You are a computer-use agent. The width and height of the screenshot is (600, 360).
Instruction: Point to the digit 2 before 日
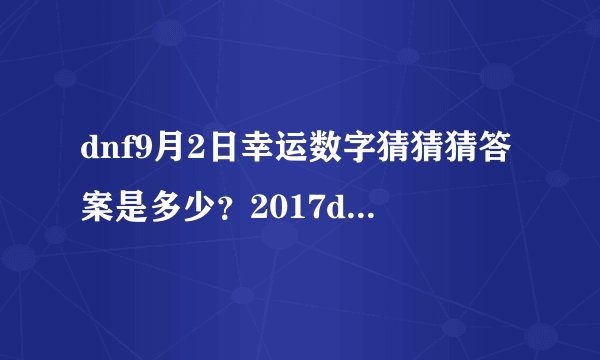tap(188, 152)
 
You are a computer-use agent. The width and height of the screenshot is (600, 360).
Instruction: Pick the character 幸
tap(242, 152)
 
